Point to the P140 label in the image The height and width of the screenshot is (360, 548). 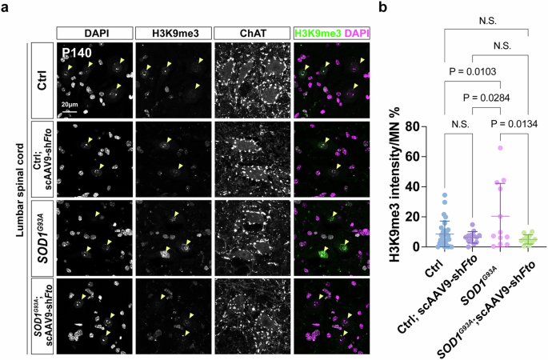click(x=78, y=52)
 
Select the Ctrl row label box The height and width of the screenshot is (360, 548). click(x=42, y=79)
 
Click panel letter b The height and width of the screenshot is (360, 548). click(x=383, y=8)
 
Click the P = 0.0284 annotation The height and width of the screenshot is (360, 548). click(x=490, y=98)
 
